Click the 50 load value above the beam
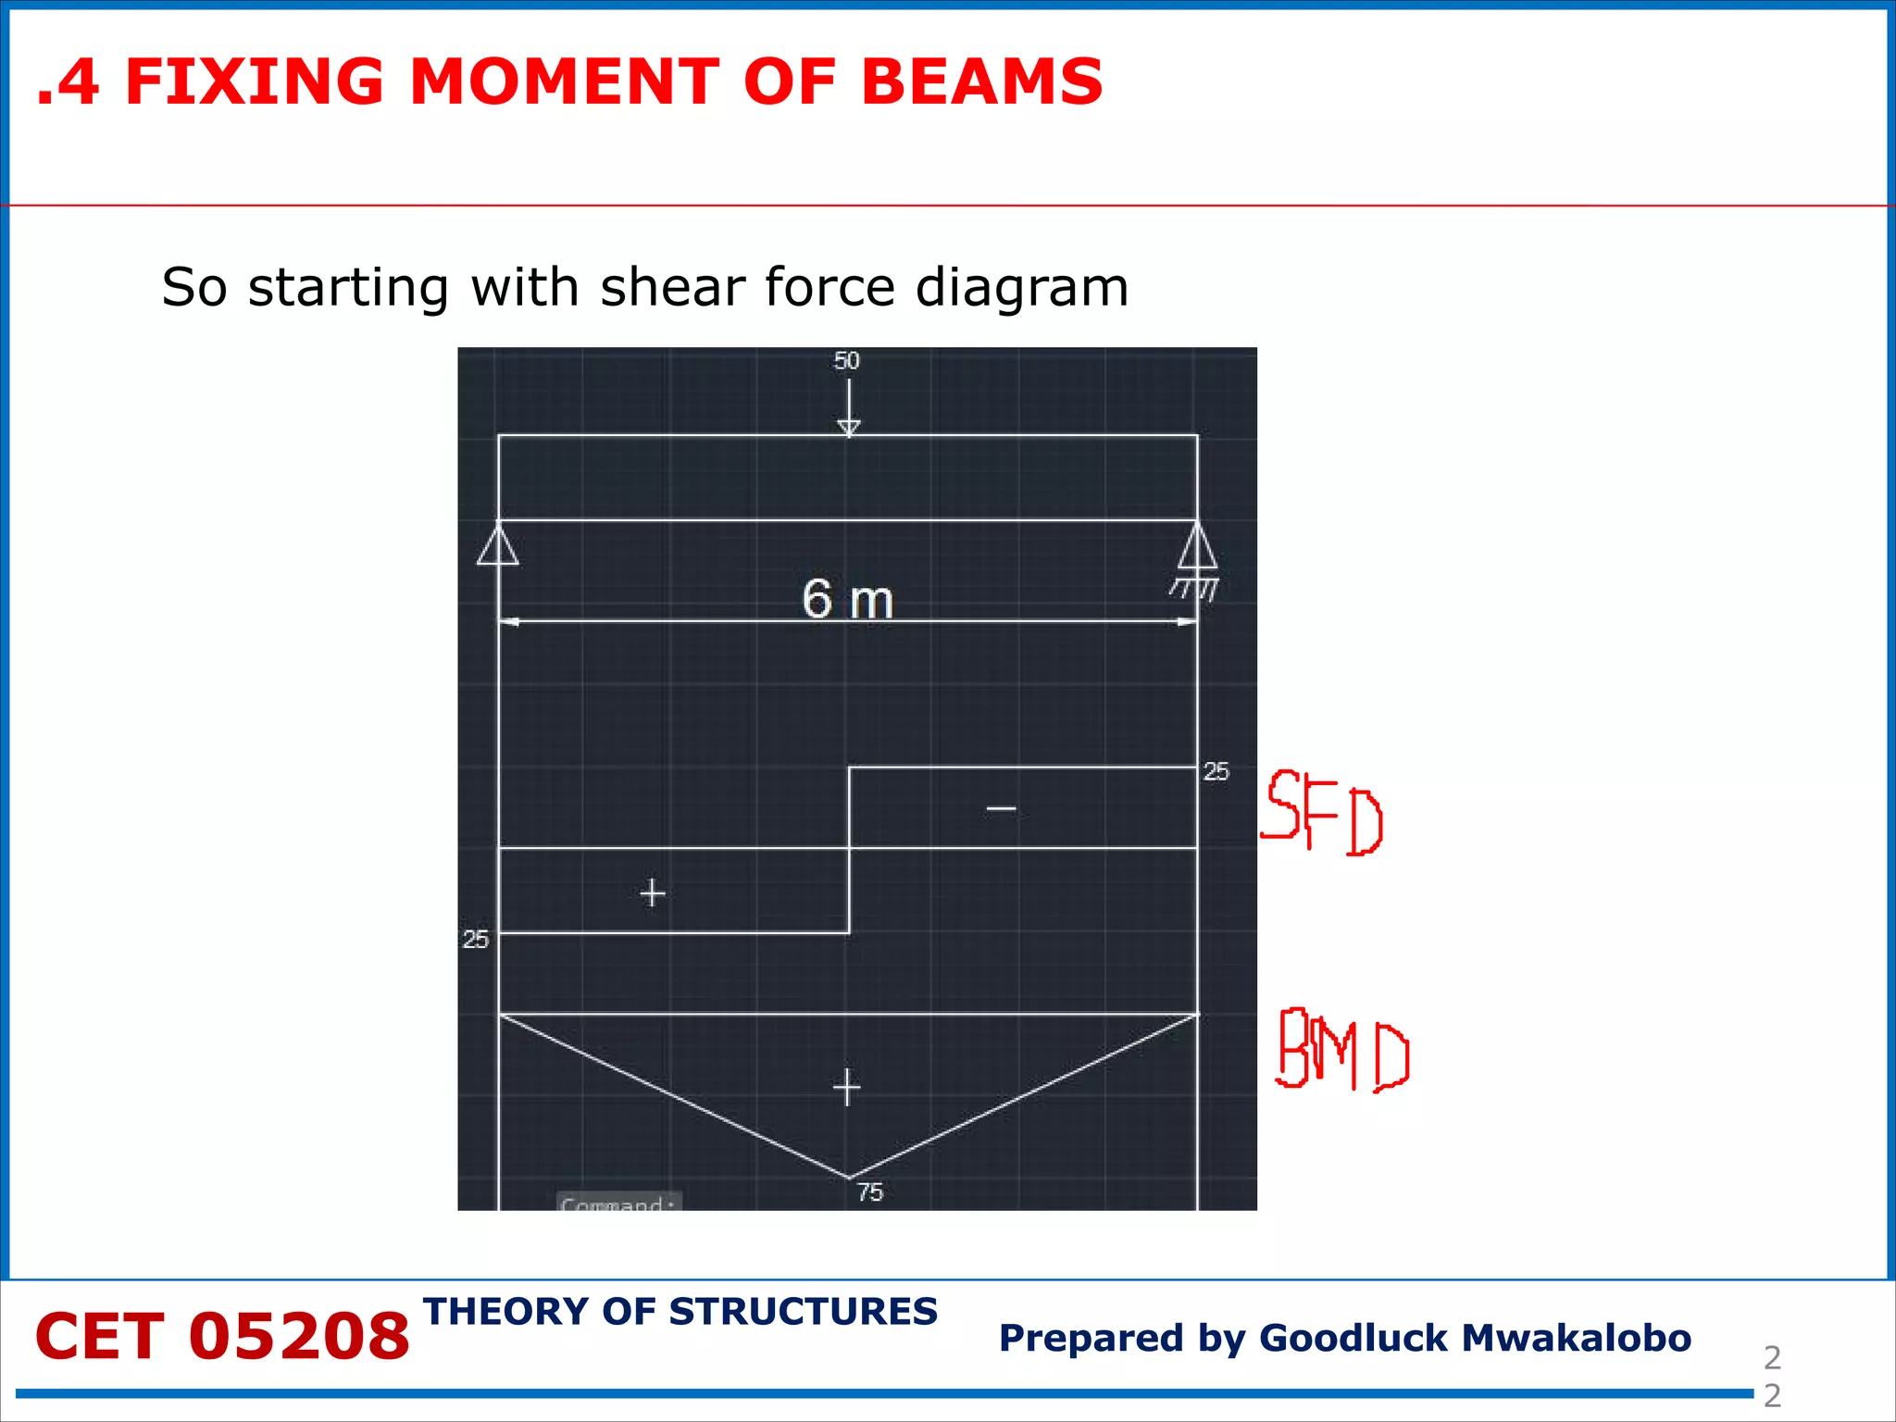pyautogui.click(x=846, y=361)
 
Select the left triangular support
pyautogui.click(x=498, y=545)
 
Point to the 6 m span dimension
pyautogui.click(x=847, y=600)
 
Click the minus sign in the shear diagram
pyautogui.click(x=1001, y=809)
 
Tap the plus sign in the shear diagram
pyautogui.click(x=653, y=893)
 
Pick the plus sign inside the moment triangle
pyautogui.click(x=846, y=1087)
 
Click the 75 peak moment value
pyautogui.click(x=870, y=1192)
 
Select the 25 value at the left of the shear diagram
pyautogui.click(x=475, y=940)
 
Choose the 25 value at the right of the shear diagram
pyautogui.click(x=1216, y=771)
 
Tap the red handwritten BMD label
pyautogui.click(x=1342, y=1050)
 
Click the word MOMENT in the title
pyautogui.click(x=563, y=81)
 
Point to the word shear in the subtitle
pyautogui.click(x=673, y=287)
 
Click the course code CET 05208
pyautogui.click(x=222, y=1337)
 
